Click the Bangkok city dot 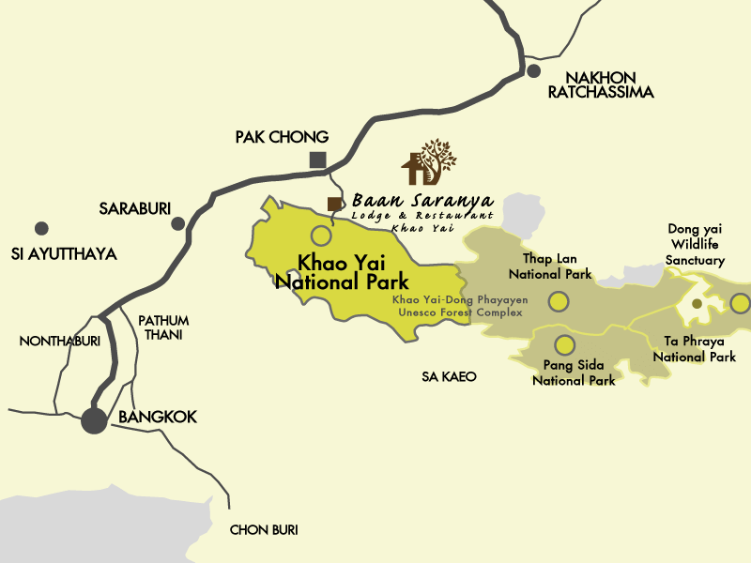(x=94, y=419)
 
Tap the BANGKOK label (x=158, y=417)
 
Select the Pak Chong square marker (x=318, y=160)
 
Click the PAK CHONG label (x=282, y=137)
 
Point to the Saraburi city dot (x=177, y=223)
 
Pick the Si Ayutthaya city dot (x=41, y=228)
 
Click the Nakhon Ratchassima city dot (x=533, y=70)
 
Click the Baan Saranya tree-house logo (x=430, y=162)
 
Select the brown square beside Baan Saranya (x=333, y=204)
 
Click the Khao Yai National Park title (x=341, y=272)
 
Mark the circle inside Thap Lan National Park (x=559, y=301)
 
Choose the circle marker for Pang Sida (x=564, y=344)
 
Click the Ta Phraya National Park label (x=694, y=348)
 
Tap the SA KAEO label (x=449, y=376)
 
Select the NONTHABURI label (x=60, y=341)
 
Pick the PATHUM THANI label (x=163, y=327)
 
